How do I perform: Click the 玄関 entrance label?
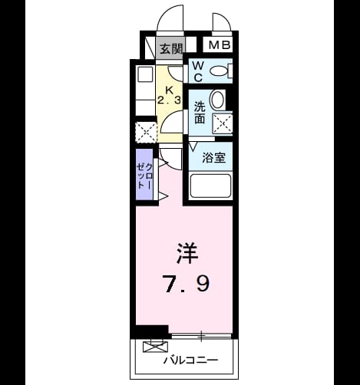171,48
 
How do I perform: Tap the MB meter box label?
220,45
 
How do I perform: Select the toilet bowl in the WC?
218,71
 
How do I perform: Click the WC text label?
198,72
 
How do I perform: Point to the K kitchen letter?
170,90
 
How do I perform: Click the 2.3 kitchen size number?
169,100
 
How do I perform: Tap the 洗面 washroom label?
200,113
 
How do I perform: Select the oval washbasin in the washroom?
217,100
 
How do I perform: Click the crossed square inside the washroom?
223,123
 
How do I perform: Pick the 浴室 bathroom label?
214,157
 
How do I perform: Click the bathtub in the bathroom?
210,186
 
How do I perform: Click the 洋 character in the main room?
187,253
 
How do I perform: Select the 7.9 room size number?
187,283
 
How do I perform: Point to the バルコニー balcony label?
191,360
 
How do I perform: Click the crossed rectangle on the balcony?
156,347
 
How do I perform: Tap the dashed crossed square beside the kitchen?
146,133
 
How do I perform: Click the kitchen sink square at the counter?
145,74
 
